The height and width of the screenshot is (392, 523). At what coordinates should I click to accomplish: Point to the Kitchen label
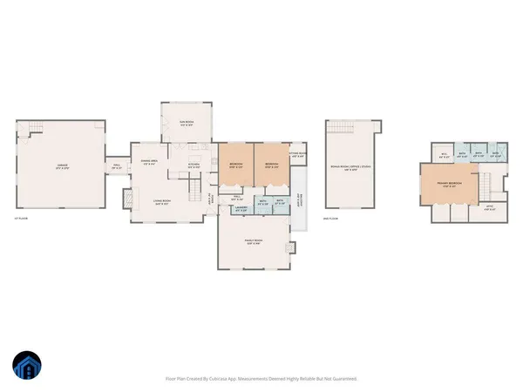pyautogui.click(x=195, y=166)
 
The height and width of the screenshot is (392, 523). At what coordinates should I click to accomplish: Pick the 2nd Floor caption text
pyautogui.click(x=330, y=219)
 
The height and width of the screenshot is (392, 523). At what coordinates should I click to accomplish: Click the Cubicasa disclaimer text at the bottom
pyautogui.click(x=261, y=378)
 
